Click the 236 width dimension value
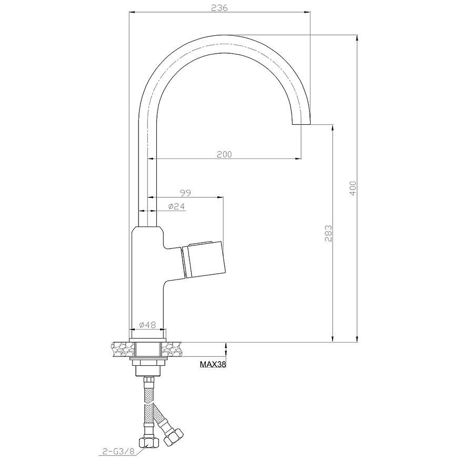(x=219, y=8)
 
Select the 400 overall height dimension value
(x=353, y=188)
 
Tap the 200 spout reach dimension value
(x=224, y=154)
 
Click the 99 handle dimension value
(x=185, y=193)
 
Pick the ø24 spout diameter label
(x=176, y=206)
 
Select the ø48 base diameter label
(x=148, y=324)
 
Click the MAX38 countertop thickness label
(x=213, y=364)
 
